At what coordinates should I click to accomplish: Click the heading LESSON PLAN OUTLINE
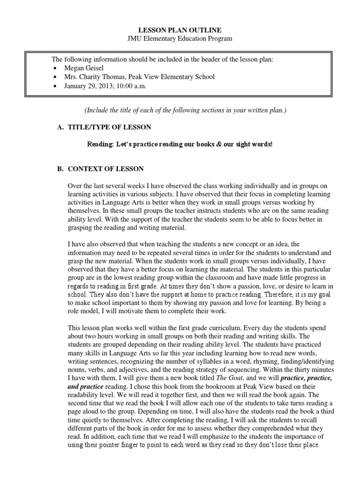(180, 30)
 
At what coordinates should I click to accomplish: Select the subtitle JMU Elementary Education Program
(180, 38)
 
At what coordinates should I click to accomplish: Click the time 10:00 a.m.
(132, 86)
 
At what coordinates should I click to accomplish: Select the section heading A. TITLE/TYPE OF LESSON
(104, 127)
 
